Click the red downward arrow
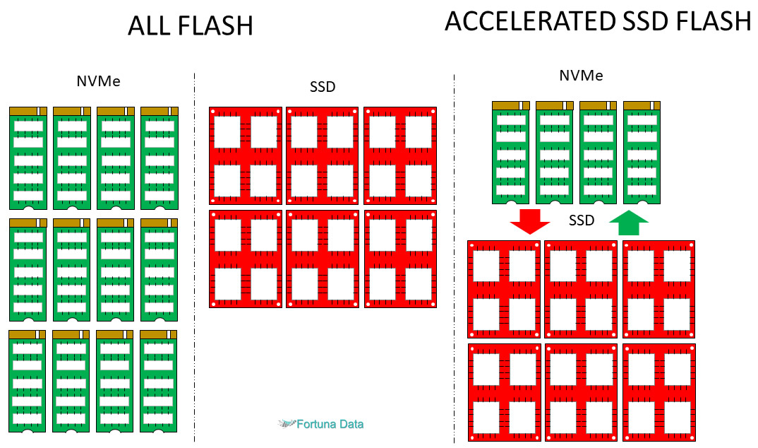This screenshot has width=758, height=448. (529, 221)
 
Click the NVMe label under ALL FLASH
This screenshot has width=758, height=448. (98, 81)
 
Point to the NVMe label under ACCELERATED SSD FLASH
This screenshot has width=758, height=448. (580, 76)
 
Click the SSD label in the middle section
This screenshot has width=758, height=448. (322, 88)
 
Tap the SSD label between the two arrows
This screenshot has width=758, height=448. (582, 221)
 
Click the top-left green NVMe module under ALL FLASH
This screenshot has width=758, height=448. (28, 158)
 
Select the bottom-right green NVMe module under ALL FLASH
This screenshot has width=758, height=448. (159, 382)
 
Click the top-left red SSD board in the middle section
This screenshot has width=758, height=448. (246, 156)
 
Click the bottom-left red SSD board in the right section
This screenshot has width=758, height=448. (504, 392)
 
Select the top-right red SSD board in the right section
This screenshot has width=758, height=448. (658, 289)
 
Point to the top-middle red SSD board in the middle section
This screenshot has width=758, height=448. (323, 156)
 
